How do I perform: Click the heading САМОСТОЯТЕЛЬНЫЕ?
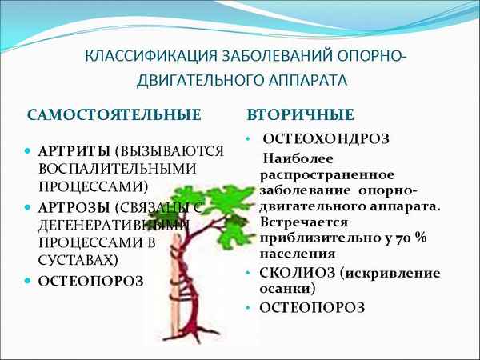114,114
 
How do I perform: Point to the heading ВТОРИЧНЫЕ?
301,114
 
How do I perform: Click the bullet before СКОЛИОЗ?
249,272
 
